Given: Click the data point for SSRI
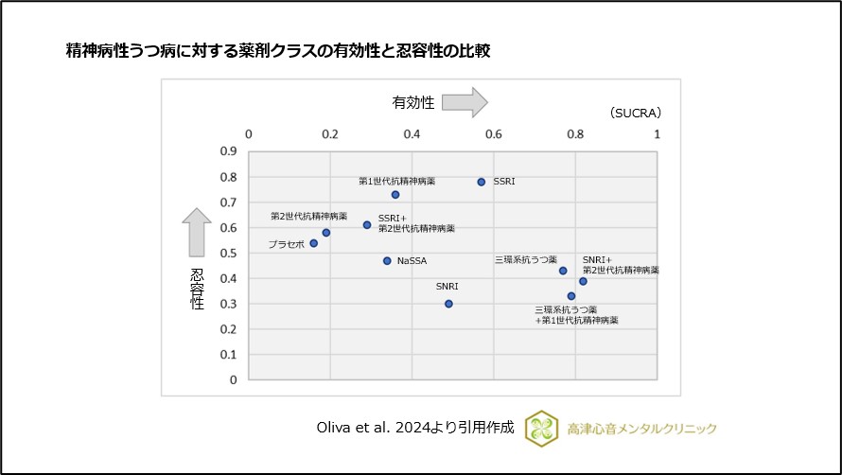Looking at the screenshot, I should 481,182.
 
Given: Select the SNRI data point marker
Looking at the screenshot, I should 448,304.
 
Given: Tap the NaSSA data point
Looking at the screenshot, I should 387,260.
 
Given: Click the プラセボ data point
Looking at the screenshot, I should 314,243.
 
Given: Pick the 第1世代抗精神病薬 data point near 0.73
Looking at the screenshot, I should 395,195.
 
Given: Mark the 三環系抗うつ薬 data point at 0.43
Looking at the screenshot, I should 563,271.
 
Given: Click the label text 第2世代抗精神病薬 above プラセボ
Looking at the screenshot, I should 308,216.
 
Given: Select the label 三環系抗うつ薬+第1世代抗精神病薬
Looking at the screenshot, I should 576,315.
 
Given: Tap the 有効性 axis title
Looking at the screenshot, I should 413,102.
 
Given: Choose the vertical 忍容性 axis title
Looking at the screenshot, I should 197,289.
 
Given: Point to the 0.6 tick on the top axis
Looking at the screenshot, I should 494,134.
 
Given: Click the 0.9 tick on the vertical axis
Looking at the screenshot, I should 229,150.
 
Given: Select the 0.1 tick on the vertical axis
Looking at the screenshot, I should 229,355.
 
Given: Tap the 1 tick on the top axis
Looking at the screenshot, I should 658,134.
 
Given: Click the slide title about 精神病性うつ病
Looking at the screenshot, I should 277,51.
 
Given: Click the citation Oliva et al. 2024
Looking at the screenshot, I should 415,428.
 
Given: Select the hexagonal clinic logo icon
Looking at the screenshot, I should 543,428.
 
